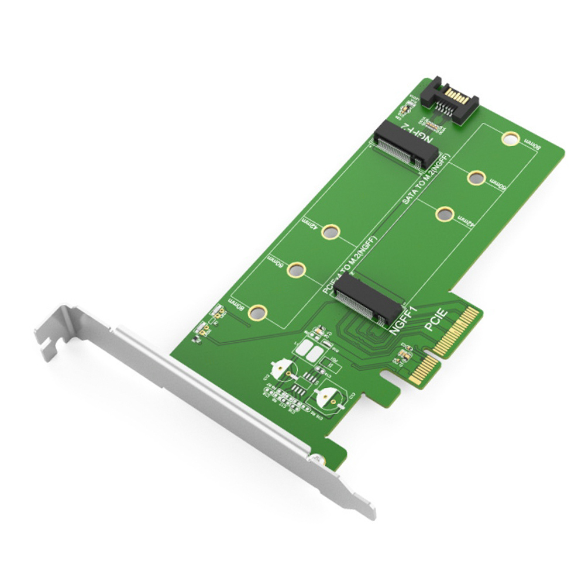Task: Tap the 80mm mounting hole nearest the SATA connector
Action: tap(510, 139)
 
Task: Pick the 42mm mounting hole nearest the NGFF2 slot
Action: tap(445, 214)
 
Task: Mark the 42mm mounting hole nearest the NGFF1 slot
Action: tap(331, 232)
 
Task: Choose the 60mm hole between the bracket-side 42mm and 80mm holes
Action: tap(297, 270)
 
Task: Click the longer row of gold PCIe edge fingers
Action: tap(456, 332)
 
